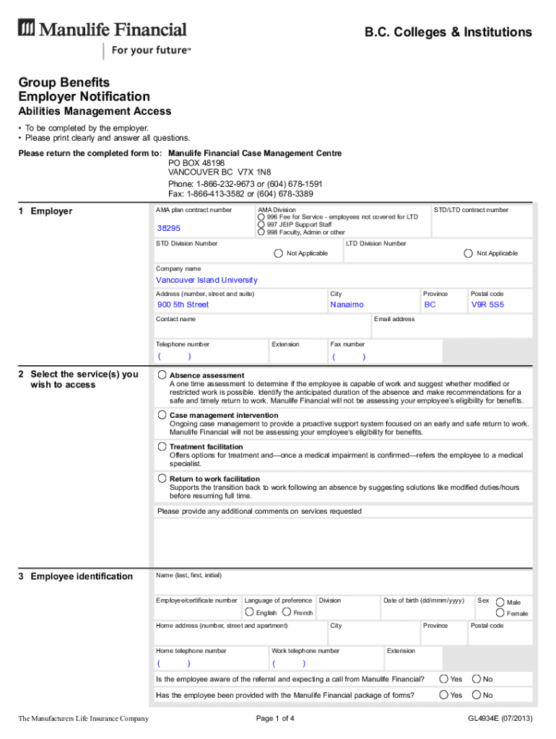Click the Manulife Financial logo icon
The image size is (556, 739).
pos(27,29)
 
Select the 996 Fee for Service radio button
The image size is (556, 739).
pos(261,217)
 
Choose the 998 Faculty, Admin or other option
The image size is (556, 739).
pos(261,232)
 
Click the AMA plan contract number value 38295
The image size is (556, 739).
pos(169,228)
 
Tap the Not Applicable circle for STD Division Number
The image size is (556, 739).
pos(278,253)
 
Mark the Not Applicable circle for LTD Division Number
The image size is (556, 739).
pos(469,253)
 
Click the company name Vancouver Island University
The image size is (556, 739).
pos(207,280)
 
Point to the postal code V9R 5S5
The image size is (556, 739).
pos(487,305)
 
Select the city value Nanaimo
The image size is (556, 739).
pos(347,305)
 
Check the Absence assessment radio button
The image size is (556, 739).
pos(162,375)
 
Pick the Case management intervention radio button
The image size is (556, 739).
pos(162,415)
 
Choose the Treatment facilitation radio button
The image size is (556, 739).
pos(162,447)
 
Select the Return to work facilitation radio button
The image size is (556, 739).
pos(162,478)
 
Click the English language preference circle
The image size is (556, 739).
pos(249,612)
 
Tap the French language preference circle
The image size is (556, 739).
pos(287,612)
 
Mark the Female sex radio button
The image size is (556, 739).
pos(500,613)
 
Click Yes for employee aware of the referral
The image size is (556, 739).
pos(443,678)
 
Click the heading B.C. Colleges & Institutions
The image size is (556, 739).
pos(448,32)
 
